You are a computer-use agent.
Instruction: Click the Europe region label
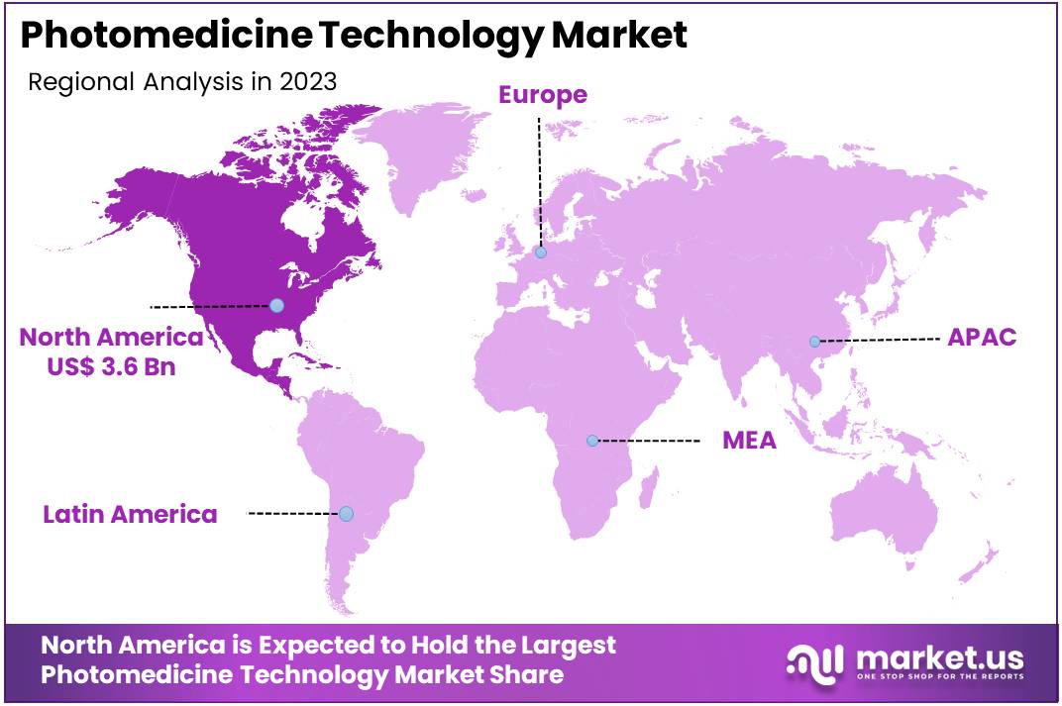542,95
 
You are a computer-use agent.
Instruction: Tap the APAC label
982,337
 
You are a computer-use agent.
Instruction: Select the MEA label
749,440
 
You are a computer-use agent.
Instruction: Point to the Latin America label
130,514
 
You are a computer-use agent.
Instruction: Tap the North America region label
111,337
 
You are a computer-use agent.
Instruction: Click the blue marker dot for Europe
541,252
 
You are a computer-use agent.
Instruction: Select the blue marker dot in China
814,342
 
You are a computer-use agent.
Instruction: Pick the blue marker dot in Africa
592,441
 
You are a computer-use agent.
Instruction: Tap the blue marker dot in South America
346,514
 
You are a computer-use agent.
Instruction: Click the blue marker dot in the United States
276,306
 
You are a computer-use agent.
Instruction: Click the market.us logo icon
815,660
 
